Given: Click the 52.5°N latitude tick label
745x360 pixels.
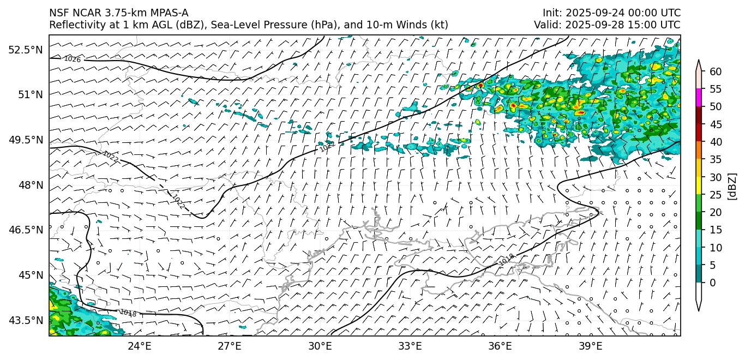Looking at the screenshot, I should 25,50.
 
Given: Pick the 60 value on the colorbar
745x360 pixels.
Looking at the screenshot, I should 716,71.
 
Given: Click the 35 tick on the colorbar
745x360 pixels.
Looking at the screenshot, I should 716,159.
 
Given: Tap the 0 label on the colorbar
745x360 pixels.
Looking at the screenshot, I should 713,283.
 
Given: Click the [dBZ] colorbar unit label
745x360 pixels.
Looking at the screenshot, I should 732,187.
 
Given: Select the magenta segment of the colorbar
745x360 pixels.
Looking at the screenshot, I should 699,98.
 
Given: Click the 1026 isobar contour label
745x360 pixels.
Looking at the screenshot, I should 72,59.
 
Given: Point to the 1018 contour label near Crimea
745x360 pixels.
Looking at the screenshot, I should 506,260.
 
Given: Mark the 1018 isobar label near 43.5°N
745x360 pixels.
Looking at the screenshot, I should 128,313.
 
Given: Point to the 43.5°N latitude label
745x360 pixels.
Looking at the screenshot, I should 25,320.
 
